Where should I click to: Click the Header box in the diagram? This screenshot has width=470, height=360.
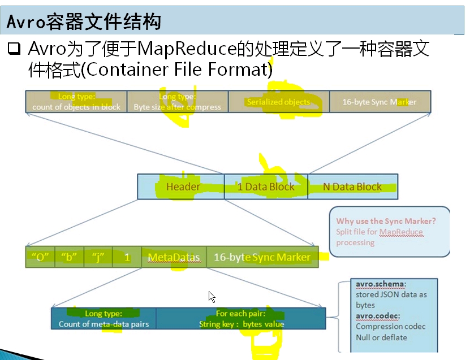[x=181, y=186]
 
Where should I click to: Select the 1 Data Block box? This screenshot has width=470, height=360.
[x=266, y=186]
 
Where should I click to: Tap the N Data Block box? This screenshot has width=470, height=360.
[x=352, y=186]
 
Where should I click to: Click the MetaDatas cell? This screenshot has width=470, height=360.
[x=174, y=257]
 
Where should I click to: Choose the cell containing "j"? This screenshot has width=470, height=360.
[x=98, y=257]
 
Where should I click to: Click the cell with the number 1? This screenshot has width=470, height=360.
[x=127, y=257]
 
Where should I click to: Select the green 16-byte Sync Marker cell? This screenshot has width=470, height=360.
[x=262, y=257]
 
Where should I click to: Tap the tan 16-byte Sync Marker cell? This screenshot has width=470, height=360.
[x=380, y=102]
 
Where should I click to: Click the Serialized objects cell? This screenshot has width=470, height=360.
[x=279, y=102]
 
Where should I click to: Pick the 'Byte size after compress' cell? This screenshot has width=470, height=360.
[x=177, y=102]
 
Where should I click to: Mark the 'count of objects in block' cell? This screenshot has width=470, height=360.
[x=76, y=102]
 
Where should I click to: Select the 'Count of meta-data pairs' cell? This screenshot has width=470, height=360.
[x=104, y=319]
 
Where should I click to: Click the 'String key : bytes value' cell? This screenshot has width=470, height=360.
[x=241, y=319]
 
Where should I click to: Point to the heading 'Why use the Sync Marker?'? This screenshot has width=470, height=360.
[x=386, y=221]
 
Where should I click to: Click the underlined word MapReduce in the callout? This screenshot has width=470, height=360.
[x=401, y=232]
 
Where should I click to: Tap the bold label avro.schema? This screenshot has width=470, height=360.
[x=380, y=284]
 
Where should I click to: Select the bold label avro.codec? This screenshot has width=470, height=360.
[x=378, y=315]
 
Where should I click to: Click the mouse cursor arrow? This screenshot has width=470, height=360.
[x=212, y=297]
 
